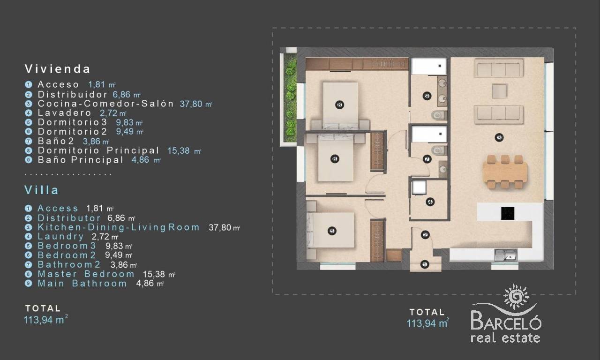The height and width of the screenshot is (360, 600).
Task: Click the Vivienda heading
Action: click(x=58, y=69)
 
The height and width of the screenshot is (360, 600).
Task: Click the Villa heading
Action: click(x=42, y=190)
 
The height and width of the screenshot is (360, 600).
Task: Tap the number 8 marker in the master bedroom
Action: click(x=340, y=105)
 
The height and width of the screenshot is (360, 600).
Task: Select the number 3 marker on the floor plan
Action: click(x=499, y=138)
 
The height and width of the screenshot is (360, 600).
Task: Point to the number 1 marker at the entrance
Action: click(x=425, y=264)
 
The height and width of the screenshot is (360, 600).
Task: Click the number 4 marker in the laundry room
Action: click(x=430, y=202)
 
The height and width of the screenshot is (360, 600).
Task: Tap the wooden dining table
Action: click(x=505, y=172)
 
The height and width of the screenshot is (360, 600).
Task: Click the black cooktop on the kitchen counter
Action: click(x=507, y=213)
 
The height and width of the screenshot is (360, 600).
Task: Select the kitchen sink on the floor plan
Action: click(x=506, y=255)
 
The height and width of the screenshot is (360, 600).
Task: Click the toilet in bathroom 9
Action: click(x=439, y=115)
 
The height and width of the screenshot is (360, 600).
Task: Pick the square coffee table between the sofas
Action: click(x=500, y=91)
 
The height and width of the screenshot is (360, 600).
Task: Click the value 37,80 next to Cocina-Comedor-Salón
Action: click(x=191, y=104)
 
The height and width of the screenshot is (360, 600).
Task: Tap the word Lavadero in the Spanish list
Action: click(x=64, y=113)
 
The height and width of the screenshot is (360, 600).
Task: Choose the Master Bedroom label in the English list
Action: click(x=86, y=274)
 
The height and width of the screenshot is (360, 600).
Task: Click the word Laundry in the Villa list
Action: click(x=61, y=237)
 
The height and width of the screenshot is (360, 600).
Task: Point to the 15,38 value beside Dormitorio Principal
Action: click(x=179, y=150)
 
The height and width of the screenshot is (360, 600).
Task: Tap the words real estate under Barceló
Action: click(x=505, y=338)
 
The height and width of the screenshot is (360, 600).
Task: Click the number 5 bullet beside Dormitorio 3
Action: click(x=29, y=122)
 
